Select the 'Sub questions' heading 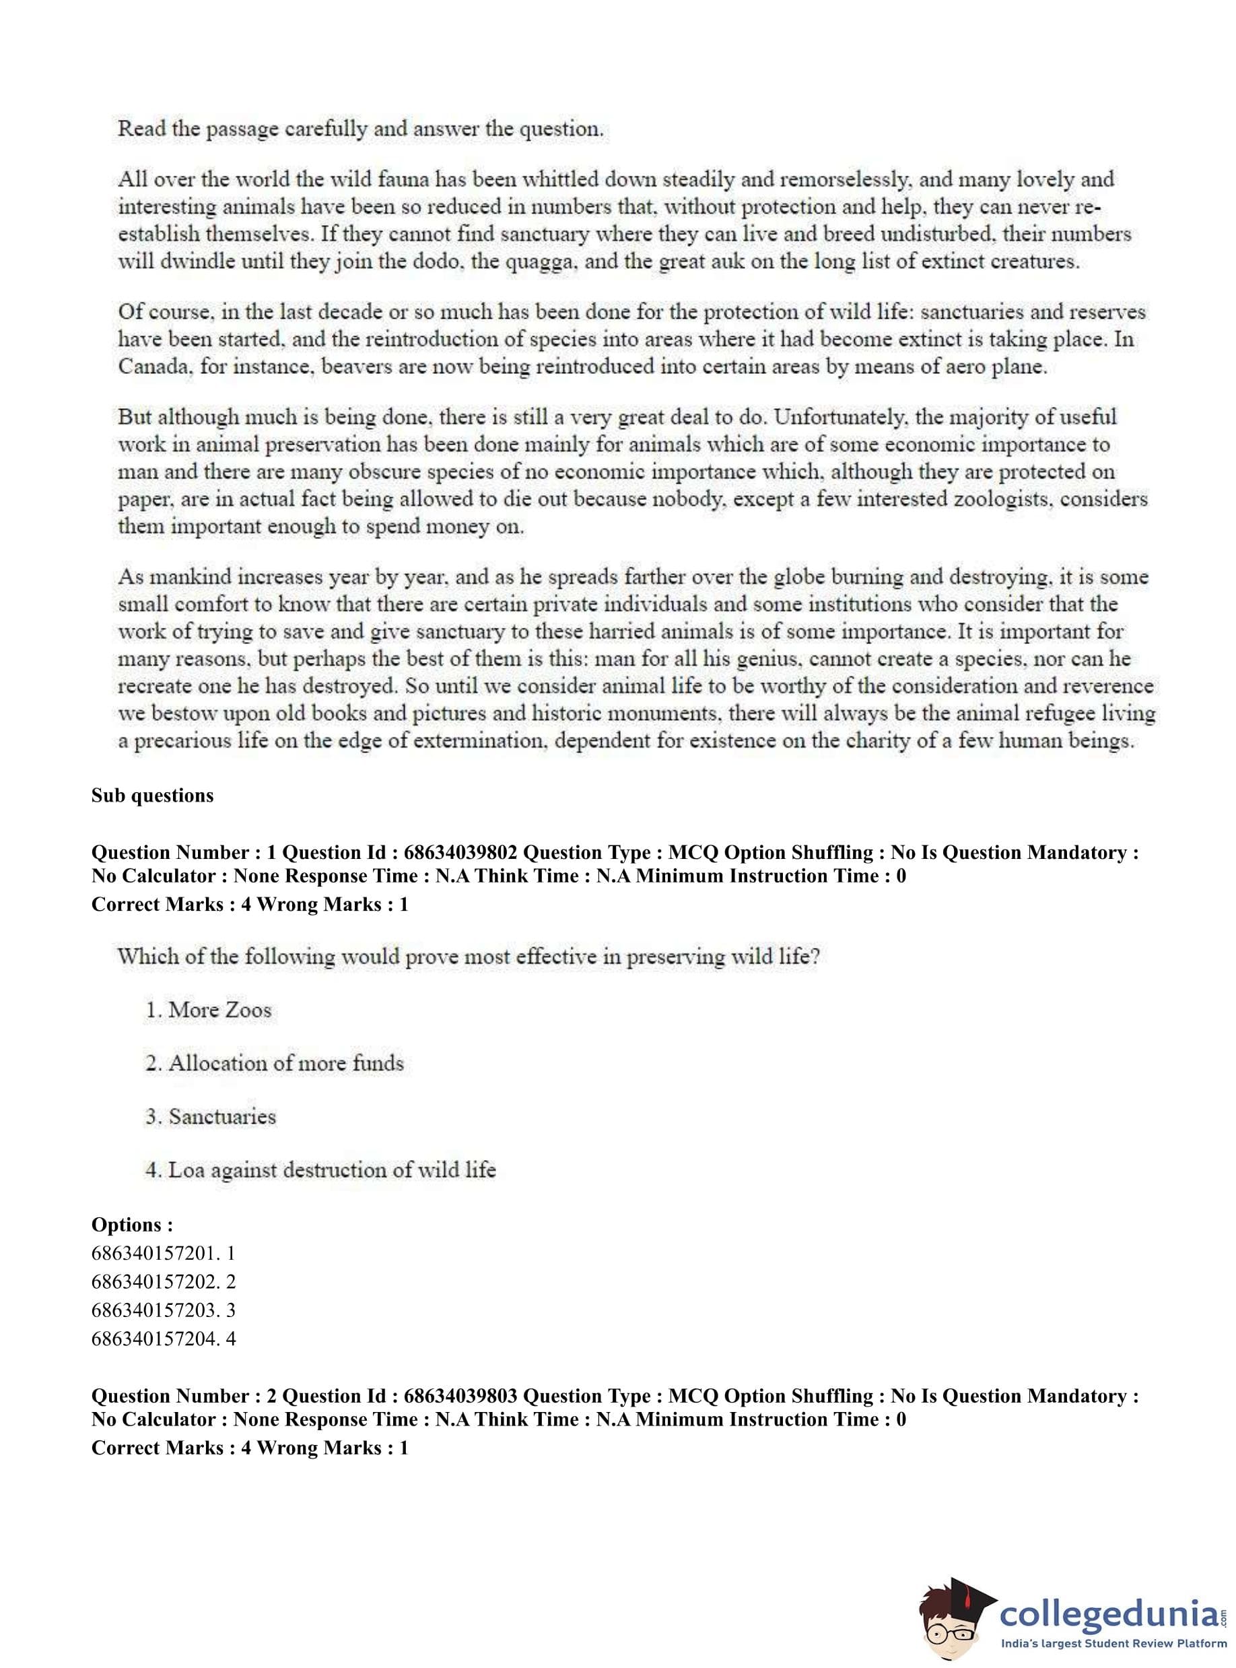[x=153, y=795]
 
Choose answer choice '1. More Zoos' [x=209, y=1010]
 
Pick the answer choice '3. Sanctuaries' [x=211, y=1117]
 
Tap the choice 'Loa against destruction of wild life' [x=321, y=1170]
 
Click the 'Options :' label [x=133, y=1225]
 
